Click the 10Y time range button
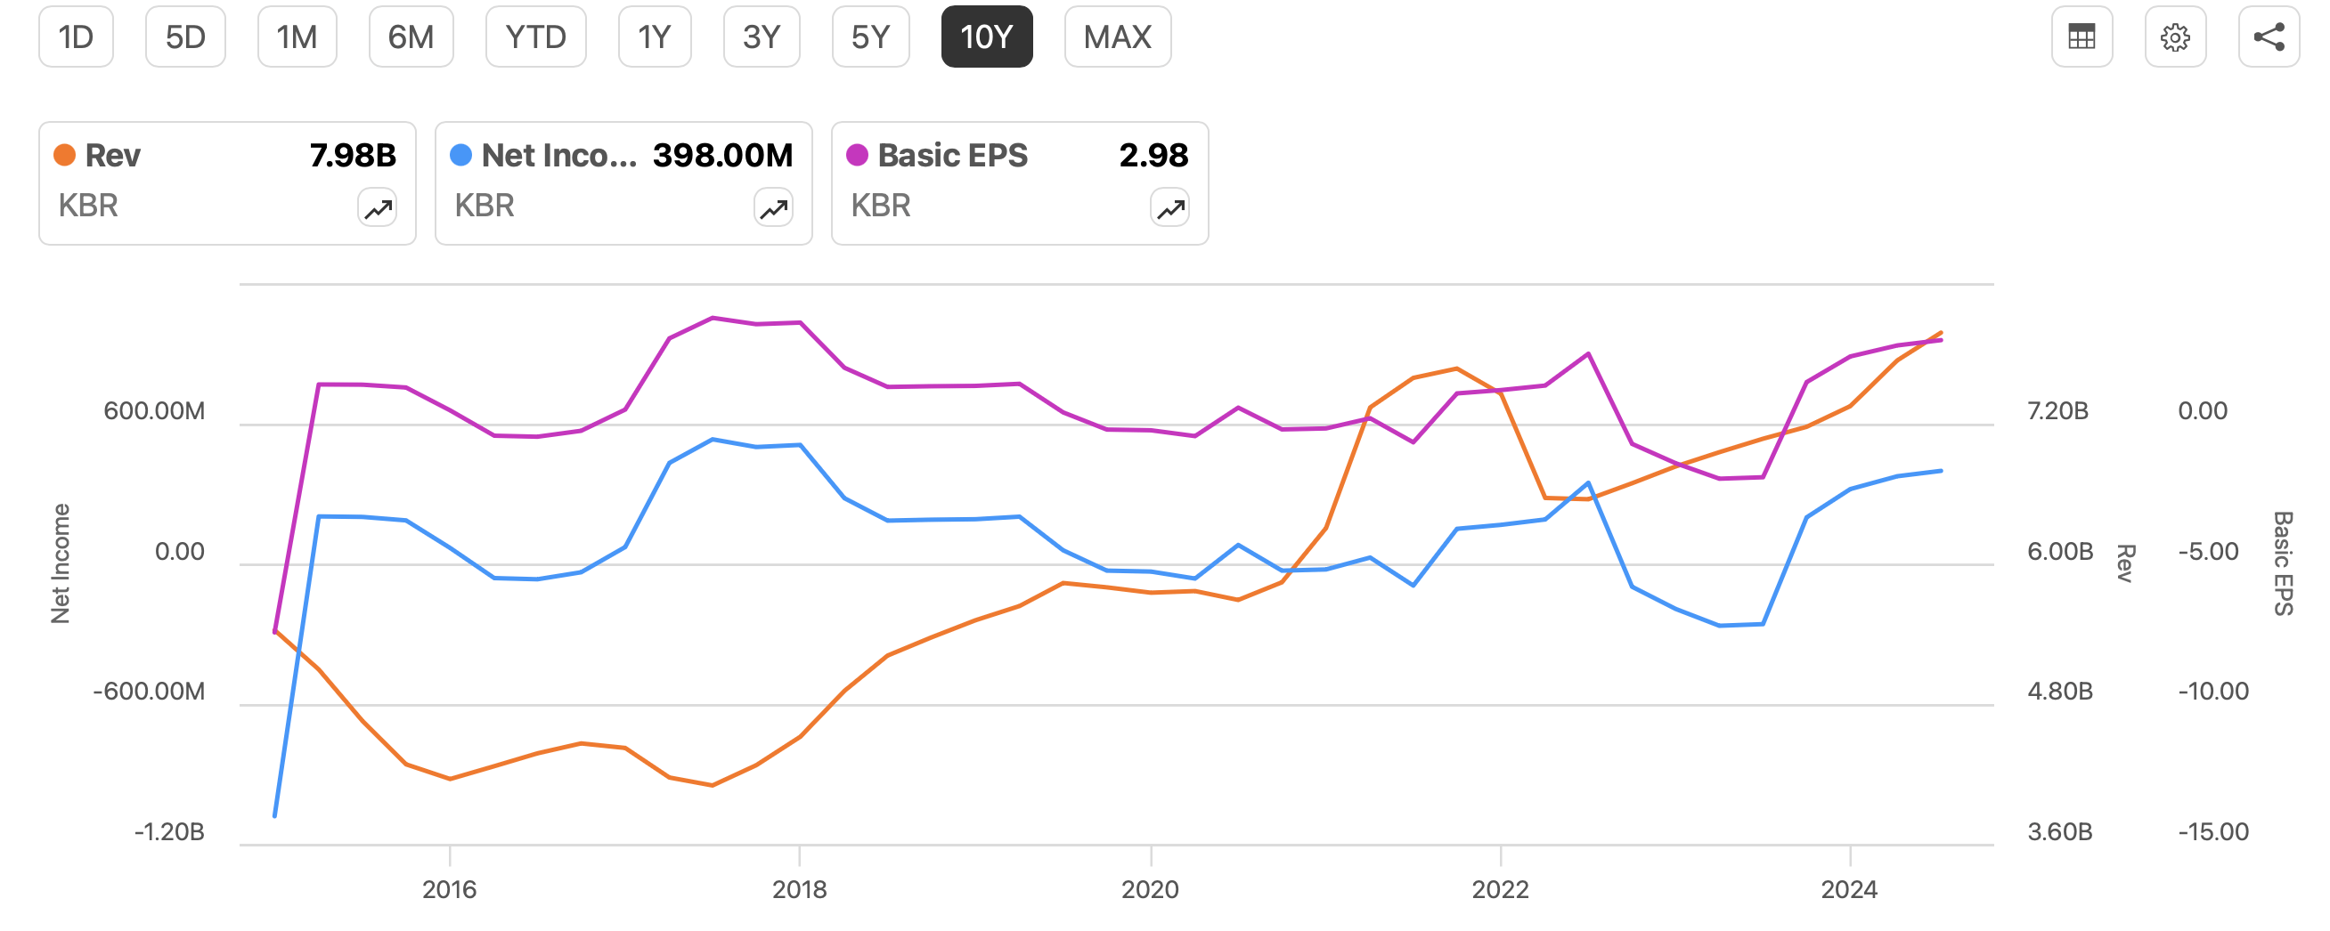click(986, 37)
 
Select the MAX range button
click(1117, 37)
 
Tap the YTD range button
click(535, 37)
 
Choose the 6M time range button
click(411, 37)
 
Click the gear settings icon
click(2174, 37)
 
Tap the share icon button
click(2268, 37)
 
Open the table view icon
click(2082, 37)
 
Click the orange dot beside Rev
click(64, 156)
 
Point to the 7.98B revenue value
click(353, 156)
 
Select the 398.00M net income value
click(721, 156)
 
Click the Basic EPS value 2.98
click(1153, 156)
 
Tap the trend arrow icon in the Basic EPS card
click(1169, 209)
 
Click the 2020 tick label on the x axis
click(1150, 889)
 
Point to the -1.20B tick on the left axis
click(169, 831)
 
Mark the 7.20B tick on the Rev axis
click(2057, 411)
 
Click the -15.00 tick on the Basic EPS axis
click(2212, 831)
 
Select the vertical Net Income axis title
click(60, 564)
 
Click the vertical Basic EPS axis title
click(2282, 564)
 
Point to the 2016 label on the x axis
click(449, 889)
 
